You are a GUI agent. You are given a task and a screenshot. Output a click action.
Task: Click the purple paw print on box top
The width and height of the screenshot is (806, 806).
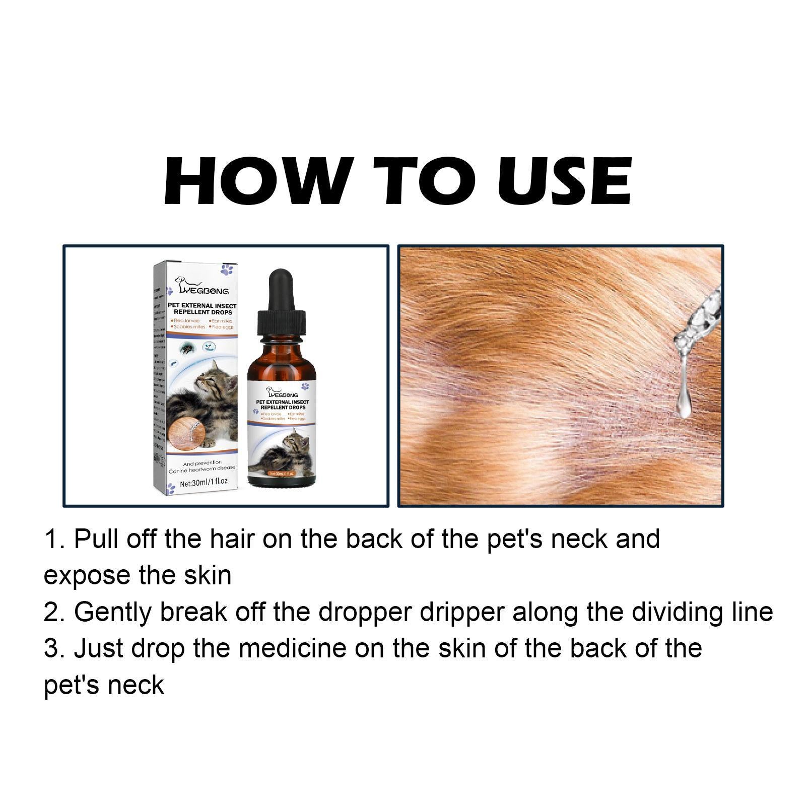(226, 268)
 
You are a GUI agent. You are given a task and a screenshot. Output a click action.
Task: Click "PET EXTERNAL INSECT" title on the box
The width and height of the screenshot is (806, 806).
(202, 306)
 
